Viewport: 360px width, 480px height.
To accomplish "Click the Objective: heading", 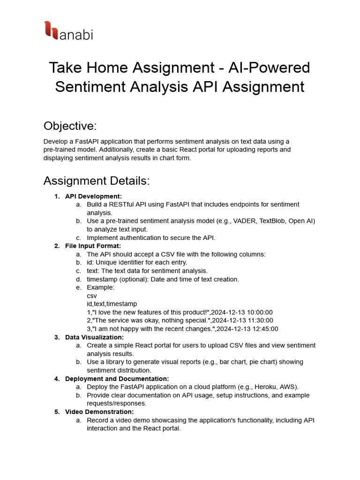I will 70,126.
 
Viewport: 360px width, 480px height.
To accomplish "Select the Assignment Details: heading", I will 96,180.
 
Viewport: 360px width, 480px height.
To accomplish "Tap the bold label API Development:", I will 93,196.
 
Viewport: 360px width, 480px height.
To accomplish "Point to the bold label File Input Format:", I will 93,246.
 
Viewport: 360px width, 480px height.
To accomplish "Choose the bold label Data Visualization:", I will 94,337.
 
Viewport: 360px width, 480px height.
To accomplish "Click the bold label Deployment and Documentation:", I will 117,379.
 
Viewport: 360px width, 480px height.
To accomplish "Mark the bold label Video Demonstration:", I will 99,412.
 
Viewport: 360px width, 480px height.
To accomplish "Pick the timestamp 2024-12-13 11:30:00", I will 243,321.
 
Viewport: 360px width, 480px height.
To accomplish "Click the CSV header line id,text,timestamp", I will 112,304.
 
